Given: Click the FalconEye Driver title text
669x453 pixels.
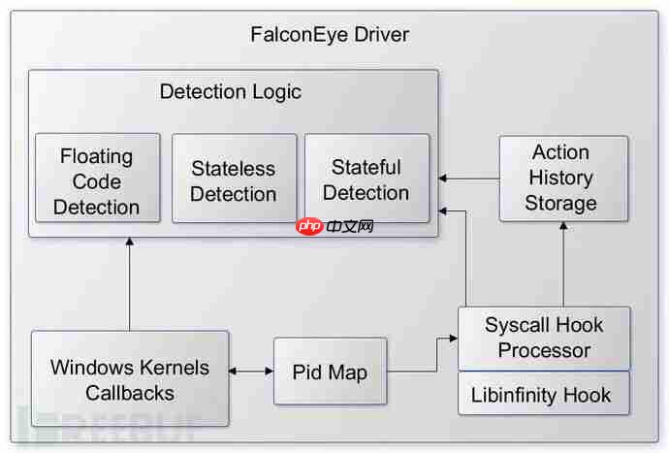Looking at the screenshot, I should point(330,35).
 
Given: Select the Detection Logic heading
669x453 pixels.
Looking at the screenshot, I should point(230,92).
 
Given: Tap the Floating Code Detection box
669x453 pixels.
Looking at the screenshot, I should point(97,181).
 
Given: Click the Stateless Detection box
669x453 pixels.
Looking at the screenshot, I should point(234,181).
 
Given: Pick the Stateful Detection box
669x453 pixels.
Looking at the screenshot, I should point(366,179).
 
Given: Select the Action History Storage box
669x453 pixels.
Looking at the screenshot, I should point(562,178).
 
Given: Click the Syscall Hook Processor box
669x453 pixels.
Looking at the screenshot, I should point(544,338).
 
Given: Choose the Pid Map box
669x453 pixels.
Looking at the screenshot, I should point(330,372).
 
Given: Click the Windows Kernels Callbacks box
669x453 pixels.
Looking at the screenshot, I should point(130,379).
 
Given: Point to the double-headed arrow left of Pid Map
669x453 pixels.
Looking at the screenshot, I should point(251,371).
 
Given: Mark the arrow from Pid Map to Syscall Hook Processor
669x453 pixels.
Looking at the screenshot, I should point(423,359).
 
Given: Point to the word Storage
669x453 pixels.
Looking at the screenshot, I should point(560,204).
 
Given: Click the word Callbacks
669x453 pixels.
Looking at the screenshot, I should point(130,393).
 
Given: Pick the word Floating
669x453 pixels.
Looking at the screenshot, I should point(97,156).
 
